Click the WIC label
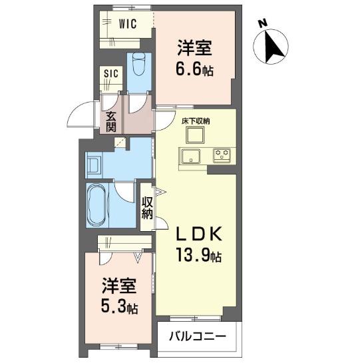coord(128,23)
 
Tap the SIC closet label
coord(111,73)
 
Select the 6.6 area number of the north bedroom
coord(189,69)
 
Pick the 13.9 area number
coord(193,254)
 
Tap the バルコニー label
coord(197,336)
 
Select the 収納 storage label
coord(147,208)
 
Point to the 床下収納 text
coord(196,121)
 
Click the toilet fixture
coord(138,65)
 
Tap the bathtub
coord(97,205)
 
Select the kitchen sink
coord(190,156)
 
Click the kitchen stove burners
coord(222,155)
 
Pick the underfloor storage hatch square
coord(196,135)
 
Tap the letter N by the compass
coord(263,23)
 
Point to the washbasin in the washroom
coord(95,165)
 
